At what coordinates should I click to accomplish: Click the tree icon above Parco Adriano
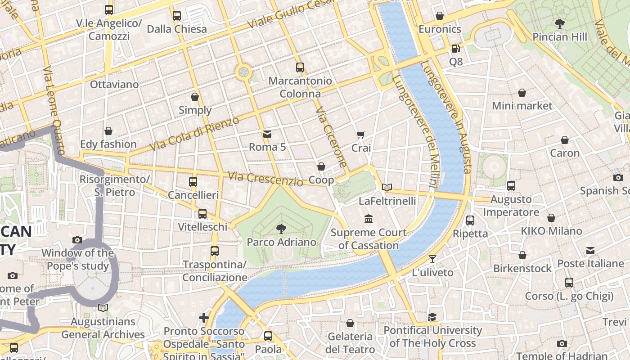point(281,229)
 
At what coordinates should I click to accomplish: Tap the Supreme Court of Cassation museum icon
point(369,219)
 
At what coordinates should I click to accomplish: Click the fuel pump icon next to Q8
point(455,48)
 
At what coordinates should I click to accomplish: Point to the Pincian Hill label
point(560,37)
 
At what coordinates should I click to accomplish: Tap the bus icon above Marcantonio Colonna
point(300,67)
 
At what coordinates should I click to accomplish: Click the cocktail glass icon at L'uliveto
point(432,259)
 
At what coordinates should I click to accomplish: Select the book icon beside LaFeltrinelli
point(387,187)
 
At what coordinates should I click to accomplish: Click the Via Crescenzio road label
point(265,179)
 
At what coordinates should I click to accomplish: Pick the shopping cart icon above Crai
point(360,135)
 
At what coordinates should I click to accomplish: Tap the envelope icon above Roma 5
point(267,134)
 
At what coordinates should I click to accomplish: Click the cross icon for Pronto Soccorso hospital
point(204,318)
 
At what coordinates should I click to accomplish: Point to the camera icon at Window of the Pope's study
point(77,240)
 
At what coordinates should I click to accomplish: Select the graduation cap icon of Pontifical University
point(432,317)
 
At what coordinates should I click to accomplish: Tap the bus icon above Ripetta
point(470,220)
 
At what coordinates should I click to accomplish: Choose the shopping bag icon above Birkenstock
point(522,255)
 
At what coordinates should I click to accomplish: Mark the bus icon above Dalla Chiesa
point(177,16)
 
